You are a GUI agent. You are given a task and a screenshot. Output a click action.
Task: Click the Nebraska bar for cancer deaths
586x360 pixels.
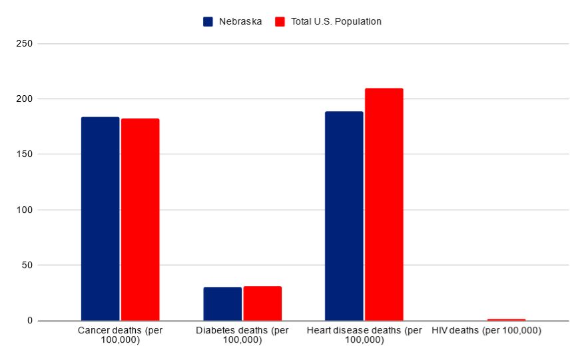click(x=100, y=219)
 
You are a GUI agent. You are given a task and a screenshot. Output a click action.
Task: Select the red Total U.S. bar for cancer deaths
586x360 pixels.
click(x=140, y=220)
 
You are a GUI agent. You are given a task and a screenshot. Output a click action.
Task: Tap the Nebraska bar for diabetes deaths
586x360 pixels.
click(x=222, y=304)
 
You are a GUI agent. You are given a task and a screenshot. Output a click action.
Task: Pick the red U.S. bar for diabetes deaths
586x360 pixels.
click(x=262, y=303)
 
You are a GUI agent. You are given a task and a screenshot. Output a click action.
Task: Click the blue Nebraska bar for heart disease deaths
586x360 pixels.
click(x=344, y=216)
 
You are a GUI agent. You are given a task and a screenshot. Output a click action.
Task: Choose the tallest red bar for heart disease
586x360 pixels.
click(x=384, y=204)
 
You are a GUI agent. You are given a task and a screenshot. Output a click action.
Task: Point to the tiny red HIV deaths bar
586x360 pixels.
click(x=506, y=319)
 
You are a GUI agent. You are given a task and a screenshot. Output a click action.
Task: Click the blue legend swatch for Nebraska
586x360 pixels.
click(x=208, y=21)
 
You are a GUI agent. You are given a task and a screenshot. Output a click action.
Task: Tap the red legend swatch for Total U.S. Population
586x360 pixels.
click(x=280, y=21)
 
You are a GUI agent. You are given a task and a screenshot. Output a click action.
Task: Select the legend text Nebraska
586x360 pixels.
click(x=240, y=21)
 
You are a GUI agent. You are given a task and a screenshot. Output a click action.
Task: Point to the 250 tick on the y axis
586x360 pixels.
click(x=25, y=44)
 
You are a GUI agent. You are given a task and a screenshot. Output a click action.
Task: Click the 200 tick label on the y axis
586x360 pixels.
click(x=25, y=99)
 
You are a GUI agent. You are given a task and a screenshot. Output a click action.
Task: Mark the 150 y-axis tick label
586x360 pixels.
click(x=25, y=154)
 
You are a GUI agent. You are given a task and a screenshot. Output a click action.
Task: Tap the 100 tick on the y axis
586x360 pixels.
click(x=25, y=210)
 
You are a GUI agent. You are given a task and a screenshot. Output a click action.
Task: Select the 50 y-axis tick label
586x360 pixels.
click(x=28, y=266)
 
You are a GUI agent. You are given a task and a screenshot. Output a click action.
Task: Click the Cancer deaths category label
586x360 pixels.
click(x=120, y=335)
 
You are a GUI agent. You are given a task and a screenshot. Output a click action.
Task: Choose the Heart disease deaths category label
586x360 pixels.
click(x=364, y=335)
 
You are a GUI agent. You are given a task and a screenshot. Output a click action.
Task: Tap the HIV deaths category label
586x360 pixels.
click(x=486, y=330)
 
